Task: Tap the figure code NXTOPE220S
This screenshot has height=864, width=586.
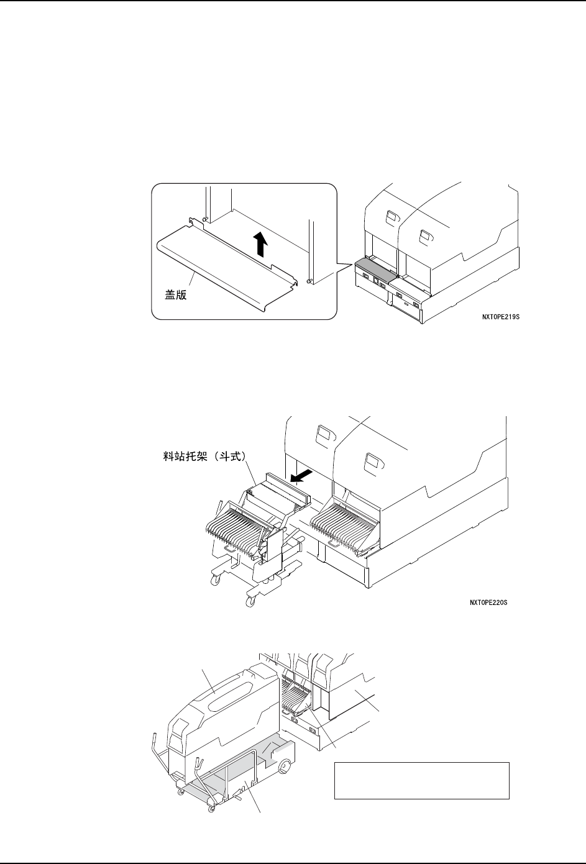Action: (488, 603)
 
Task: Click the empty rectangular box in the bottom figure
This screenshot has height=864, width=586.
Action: (421, 780)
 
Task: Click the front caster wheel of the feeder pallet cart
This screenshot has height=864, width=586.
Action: (251, 599)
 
